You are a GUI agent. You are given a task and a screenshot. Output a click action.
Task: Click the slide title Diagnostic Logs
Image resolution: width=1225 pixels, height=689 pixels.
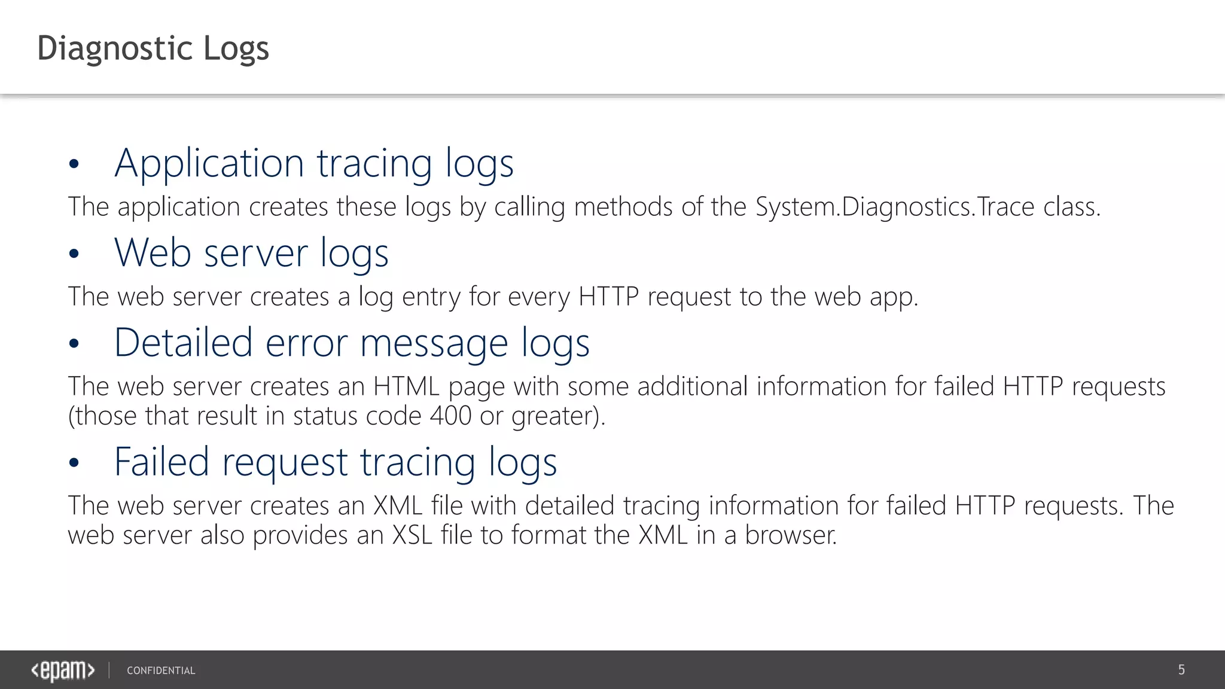tap(153, 48)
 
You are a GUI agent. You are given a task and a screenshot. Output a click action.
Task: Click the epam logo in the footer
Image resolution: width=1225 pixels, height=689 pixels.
tap(63, 670)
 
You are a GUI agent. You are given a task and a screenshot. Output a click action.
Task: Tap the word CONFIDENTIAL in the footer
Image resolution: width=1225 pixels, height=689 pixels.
tap(161, 670)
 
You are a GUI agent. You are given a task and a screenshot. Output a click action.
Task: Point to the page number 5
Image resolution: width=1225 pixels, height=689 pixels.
tap(1181, 670)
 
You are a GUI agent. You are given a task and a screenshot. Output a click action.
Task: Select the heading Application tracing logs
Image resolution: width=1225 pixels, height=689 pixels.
tap(314, 163)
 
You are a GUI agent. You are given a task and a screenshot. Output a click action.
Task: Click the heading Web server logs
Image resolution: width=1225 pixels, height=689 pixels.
tap(251, 253)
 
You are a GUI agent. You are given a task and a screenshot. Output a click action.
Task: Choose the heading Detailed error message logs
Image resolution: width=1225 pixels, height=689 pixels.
tap(352, 343)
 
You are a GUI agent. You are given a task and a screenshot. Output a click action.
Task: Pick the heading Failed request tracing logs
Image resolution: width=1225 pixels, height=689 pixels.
tap(336, 462)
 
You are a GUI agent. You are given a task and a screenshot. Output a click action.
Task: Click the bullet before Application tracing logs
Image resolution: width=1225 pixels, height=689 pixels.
tap(74, 164)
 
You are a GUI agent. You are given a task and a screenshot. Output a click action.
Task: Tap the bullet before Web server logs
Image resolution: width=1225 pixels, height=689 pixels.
tap(74, 254)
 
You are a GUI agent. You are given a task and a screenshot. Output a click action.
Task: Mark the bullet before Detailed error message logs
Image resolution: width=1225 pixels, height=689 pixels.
tap(74, 344)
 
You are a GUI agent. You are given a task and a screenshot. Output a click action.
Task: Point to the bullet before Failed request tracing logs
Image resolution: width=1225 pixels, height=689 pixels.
tap(74, 463)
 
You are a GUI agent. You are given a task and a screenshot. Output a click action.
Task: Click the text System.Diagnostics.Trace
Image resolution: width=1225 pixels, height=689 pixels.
tap(895, 207)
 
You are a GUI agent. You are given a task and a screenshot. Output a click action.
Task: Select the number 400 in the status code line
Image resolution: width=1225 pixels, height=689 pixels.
tap(450, 416)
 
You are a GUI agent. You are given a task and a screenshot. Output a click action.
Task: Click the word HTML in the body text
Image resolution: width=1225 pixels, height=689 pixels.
tap(407, 386)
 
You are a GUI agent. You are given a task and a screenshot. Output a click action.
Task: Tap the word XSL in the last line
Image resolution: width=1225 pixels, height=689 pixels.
tap(412, 535)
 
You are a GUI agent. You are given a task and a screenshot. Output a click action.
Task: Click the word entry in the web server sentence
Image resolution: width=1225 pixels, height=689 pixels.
tap(431, 297)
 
